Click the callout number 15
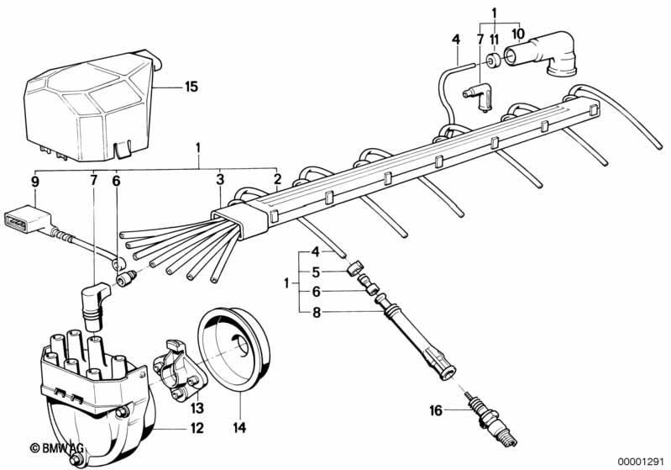191,87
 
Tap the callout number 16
436,411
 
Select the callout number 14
240,427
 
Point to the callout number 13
197,409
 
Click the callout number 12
197,428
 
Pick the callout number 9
35,182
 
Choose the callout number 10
518,33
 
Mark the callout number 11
495,40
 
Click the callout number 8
317,313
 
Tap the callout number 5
316,272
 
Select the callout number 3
220,179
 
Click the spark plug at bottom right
493,419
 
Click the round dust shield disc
233,349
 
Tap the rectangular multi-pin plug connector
27,219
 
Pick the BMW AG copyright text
56,448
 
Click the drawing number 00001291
642,461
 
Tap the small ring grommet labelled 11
495,61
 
